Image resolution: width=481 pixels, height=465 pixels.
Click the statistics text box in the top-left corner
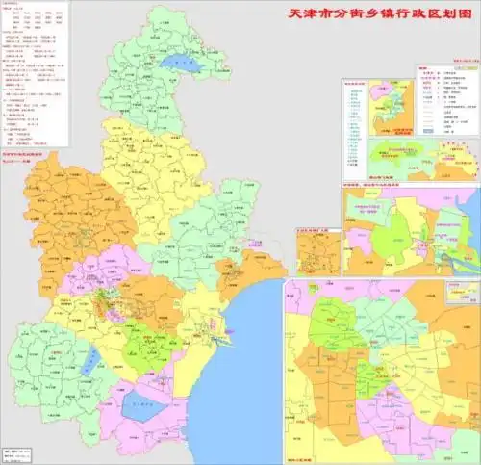(35, 76)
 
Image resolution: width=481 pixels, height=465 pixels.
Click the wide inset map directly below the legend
(423, 158)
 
